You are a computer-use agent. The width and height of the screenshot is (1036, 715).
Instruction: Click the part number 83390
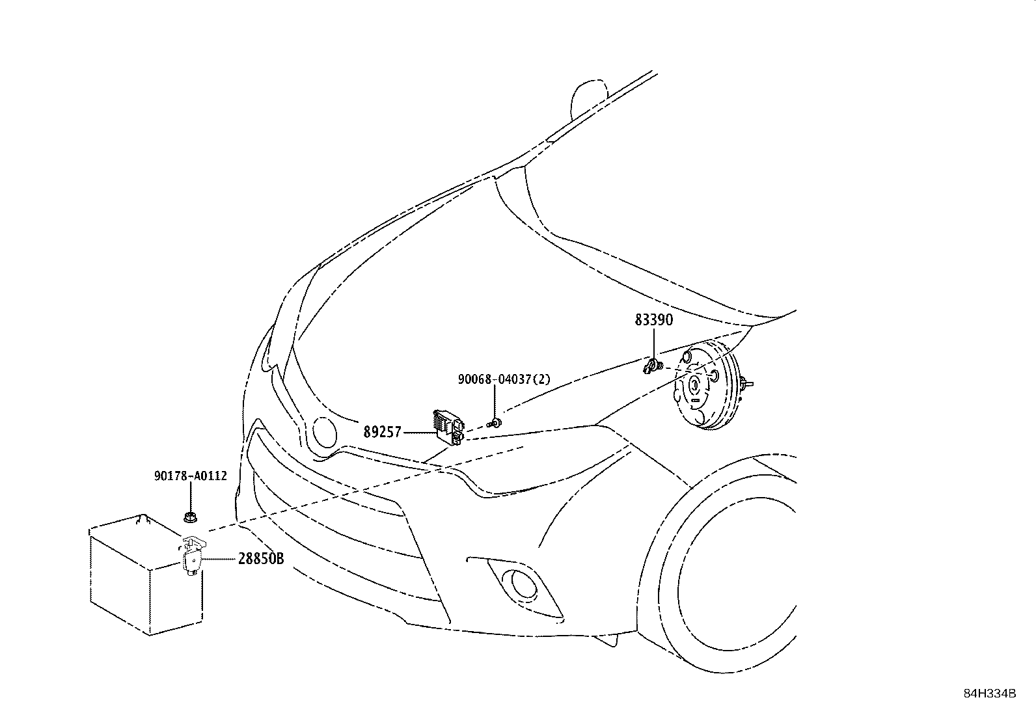coord(654,320)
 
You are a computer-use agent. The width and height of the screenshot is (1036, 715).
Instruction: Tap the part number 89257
coord(383,432)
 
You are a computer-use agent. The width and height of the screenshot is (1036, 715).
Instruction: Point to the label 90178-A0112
coord(191,476)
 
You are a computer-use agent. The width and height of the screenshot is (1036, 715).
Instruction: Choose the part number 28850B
coord(260,560)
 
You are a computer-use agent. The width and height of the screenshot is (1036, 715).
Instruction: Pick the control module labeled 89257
coord(448,427)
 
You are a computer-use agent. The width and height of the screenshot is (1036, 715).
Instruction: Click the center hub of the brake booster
coord(694,385)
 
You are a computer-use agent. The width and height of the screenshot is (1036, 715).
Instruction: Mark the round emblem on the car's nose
coord(323,431)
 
